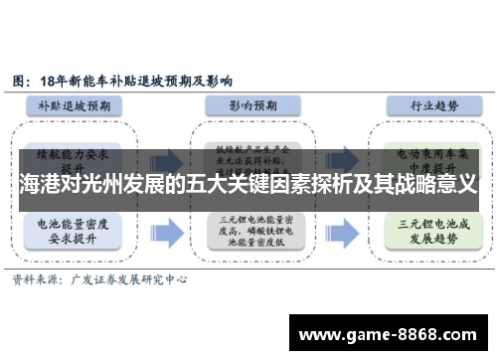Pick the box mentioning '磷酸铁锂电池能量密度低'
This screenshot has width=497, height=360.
click(x=249, y=233)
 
